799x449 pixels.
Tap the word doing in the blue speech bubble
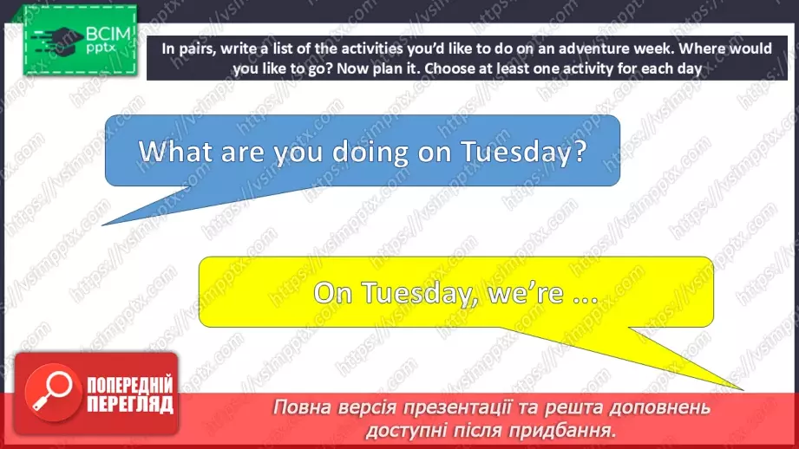pos(370,151)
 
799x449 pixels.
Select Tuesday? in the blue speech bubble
pos(524,153)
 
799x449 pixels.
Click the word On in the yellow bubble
pos(333,293)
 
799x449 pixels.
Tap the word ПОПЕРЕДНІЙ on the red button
pos(130,386)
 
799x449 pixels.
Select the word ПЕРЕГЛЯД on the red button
pos(130,405)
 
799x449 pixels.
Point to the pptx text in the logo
pos(101,48)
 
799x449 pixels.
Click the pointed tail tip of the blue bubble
pos(103,225)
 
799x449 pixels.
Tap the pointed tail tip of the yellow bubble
pos(743,390)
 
